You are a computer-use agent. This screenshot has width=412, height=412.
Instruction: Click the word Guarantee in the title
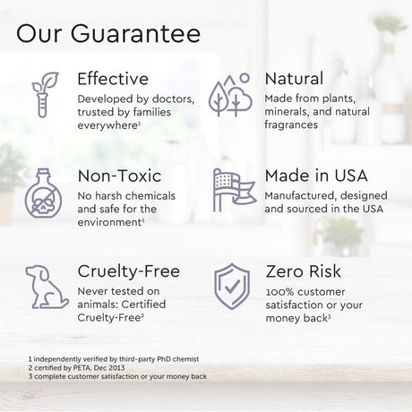coord(135,33)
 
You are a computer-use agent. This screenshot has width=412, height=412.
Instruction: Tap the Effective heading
coord(113,79)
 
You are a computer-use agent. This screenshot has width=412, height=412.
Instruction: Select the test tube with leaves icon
coord(45,95)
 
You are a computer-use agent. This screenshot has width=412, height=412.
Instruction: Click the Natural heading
coord(294,79)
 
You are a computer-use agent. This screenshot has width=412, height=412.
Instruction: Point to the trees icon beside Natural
coord(230,95)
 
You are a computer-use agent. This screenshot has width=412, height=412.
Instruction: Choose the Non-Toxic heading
coord(119,176)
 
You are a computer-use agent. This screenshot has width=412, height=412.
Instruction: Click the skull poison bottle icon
coord(44,193)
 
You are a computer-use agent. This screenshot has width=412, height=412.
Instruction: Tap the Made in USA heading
coord(316,176)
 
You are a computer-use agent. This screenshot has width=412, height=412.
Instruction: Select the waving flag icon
coord(235,190)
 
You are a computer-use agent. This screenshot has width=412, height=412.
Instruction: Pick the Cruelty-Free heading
coord(129,271)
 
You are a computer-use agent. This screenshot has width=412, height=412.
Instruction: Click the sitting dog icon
coord(47,287)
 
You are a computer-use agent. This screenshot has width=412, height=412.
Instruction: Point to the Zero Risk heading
coord(304,271)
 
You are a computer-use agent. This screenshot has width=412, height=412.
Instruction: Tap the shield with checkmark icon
coord(232,286)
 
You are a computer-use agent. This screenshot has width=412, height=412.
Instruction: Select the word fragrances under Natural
coord(291,124)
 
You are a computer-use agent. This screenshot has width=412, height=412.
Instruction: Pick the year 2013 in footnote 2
coord(116,368)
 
